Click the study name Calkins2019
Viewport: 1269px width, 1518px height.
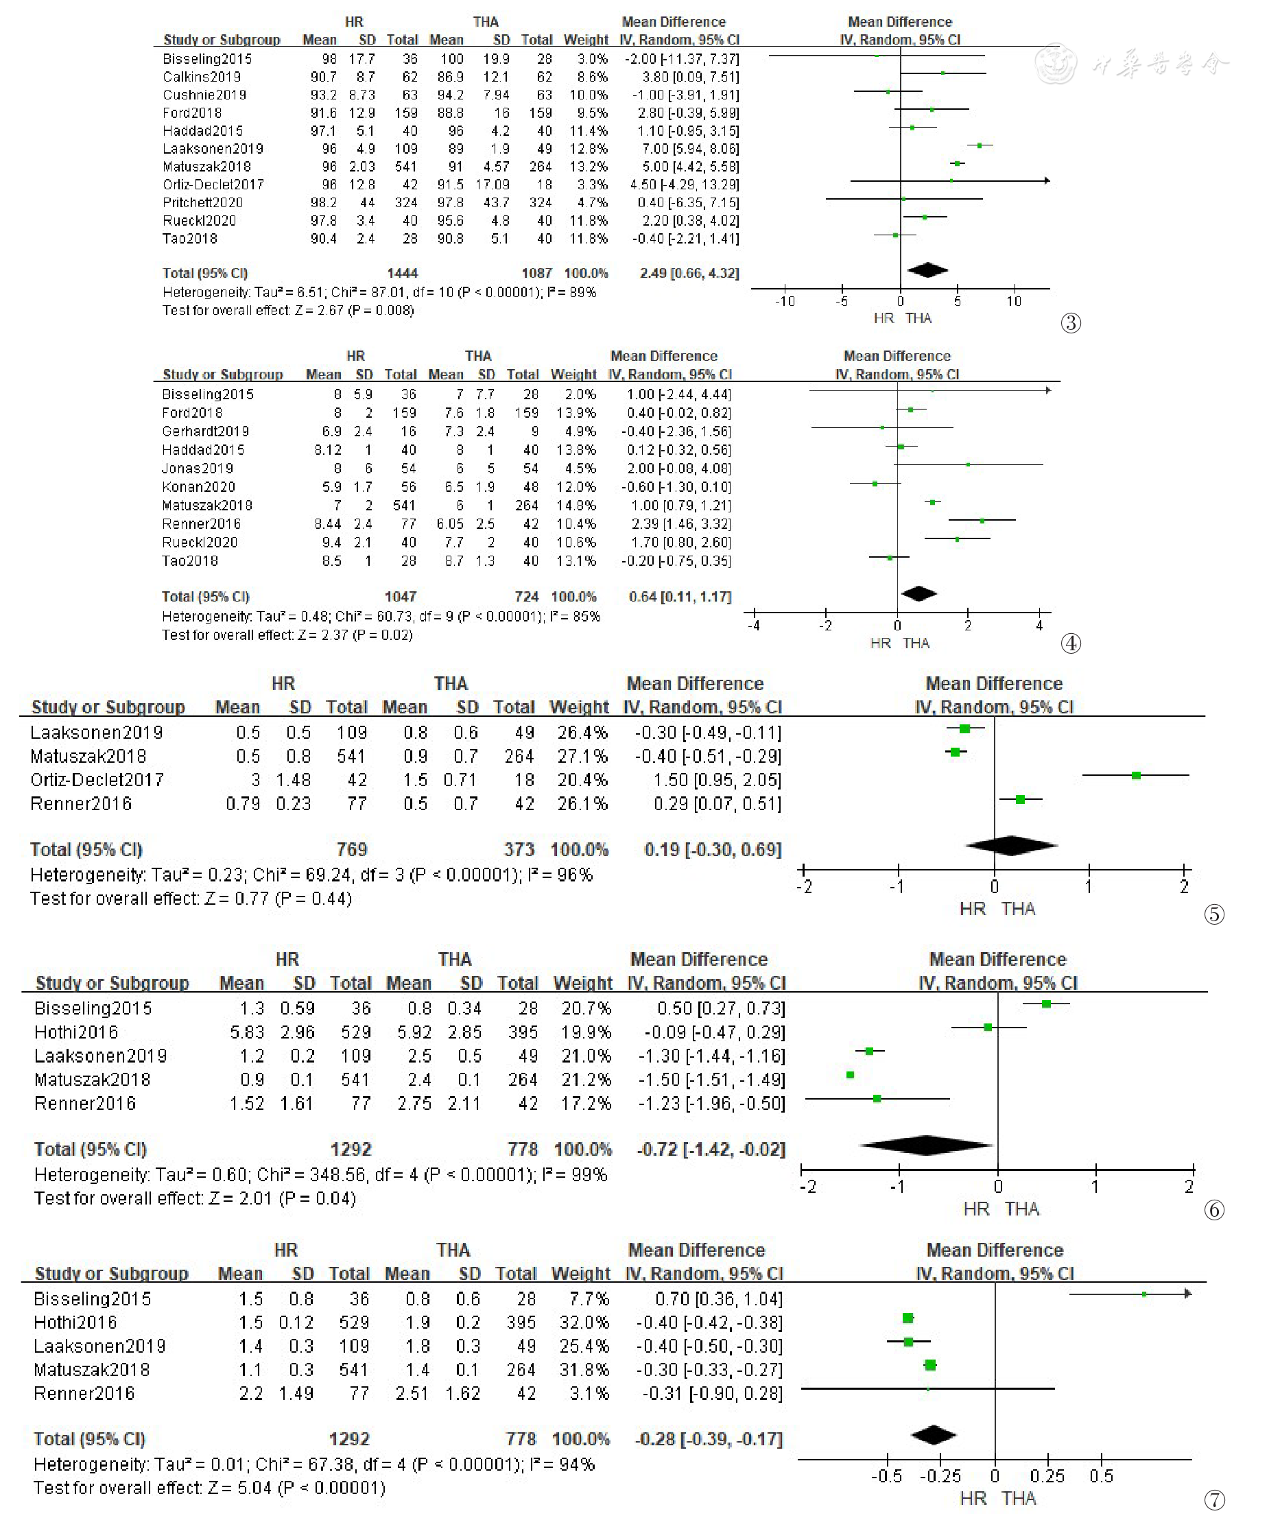pyautogui.click(x=202, y=77)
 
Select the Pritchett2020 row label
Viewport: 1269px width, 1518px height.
pyautogui.click(x=202, y=202)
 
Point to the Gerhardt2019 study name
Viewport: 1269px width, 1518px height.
pyautogui.click(x=205, y=431)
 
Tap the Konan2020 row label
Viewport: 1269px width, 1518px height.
pyautogui.click(x=199, y=486)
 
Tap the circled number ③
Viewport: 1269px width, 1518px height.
pyautogui.click(x=1070, y=322)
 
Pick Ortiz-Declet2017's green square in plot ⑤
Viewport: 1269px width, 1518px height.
pyautogui.click(x=1136, y=776)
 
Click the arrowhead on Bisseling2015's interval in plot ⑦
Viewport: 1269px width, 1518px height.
pyautogui.click(x=1187, y=1293)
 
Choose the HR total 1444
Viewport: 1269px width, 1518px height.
pyautogui.click(x=403, y=273)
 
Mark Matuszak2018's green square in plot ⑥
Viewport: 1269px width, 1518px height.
pyautogui.click(x=850, y=1075)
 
